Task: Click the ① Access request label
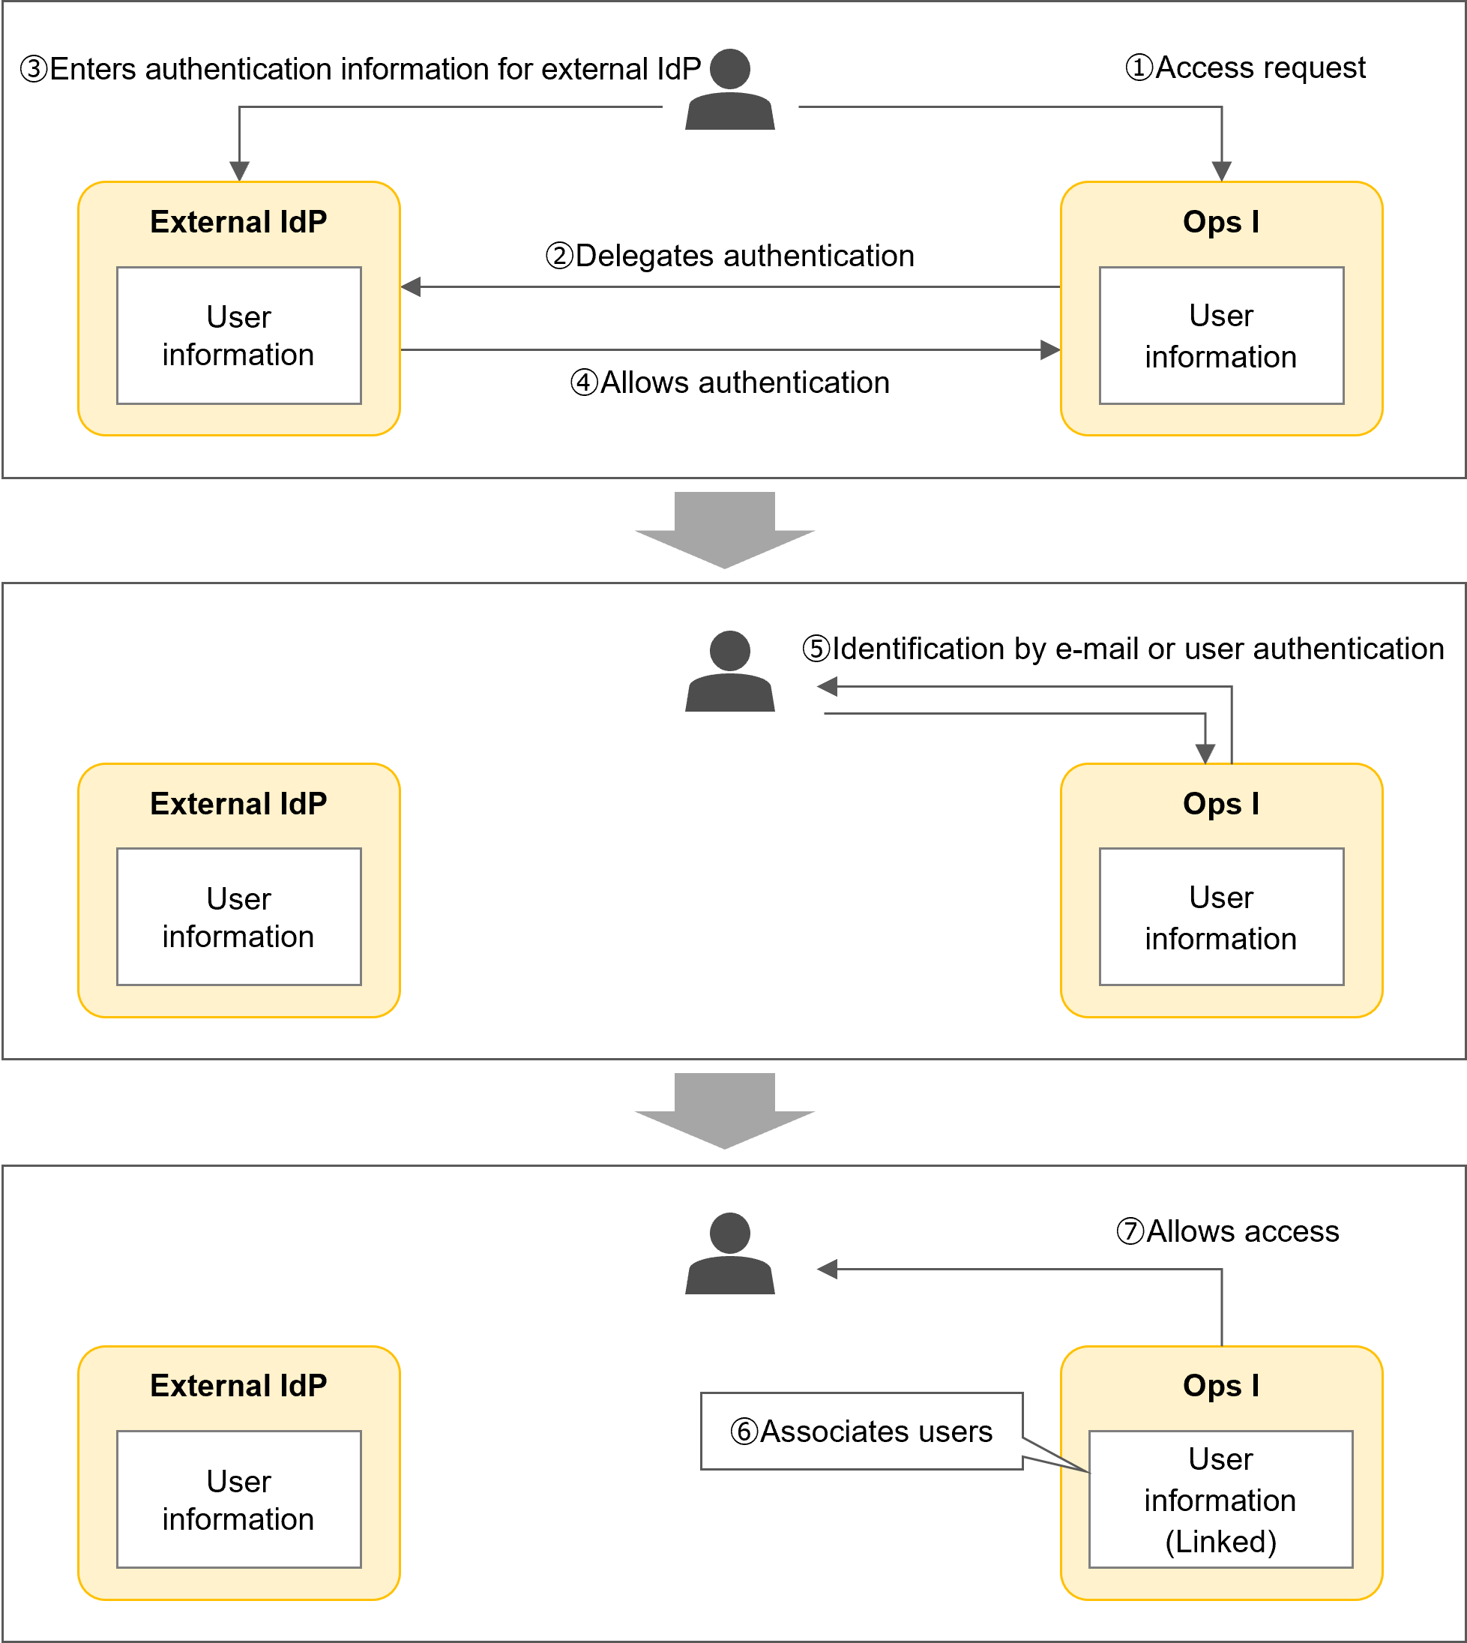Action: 1244,67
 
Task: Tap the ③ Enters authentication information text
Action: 361,69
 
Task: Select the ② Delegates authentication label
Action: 729,256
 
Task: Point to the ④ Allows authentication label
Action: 729,382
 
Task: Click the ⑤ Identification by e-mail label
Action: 1122,648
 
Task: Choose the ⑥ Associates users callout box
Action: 861,1431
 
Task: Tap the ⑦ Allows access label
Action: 1227,1231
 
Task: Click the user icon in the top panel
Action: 729,90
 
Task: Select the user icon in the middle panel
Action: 729,672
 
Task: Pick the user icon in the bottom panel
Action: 729,1254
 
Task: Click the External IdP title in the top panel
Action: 238,222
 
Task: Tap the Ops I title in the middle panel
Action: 1220,804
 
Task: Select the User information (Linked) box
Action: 1220,1500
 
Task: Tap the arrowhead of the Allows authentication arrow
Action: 1049,350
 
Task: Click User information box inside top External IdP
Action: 238,335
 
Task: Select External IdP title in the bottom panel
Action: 238,1386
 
